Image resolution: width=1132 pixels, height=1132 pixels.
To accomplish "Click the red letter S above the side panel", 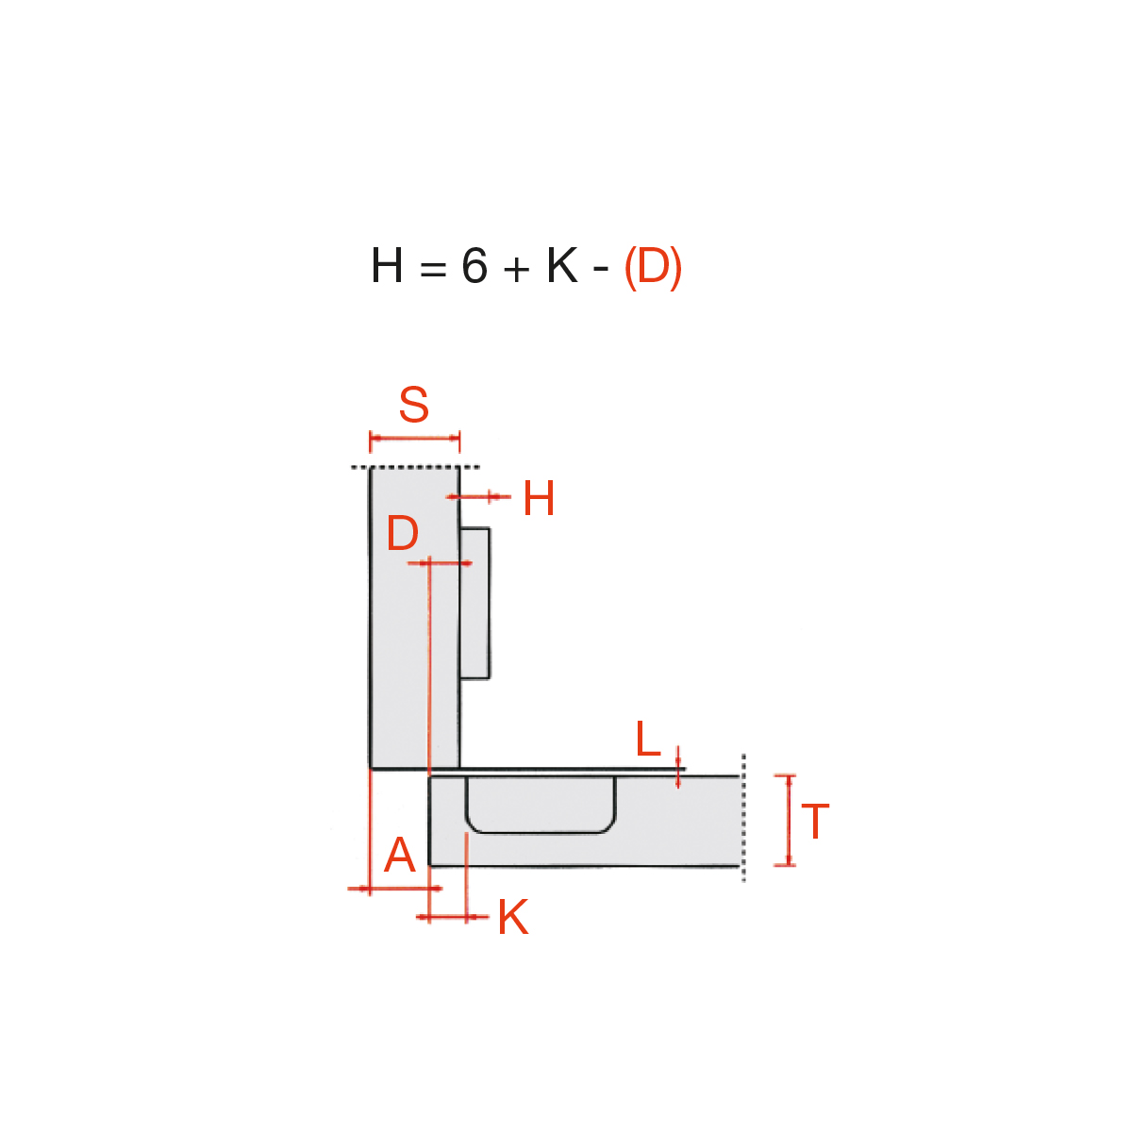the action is click(x=413, y=404).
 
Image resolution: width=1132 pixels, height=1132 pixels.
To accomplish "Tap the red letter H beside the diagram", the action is click(x=539, y=498).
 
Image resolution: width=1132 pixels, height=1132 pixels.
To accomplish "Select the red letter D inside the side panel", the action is click(x=403, y=533).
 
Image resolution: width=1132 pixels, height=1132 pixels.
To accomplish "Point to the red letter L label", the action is click(x=648, y=739).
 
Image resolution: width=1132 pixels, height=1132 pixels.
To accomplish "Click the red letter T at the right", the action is click(x=815, y=822).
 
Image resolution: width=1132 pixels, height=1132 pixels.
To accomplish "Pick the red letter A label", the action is click(x=399, y=855).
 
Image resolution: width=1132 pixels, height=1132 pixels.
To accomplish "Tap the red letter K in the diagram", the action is click(x=513, y=916).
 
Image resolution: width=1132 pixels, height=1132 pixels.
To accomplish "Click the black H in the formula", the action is click(x=387, y=265).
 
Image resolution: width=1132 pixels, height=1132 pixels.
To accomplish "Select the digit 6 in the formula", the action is click(x=474, y=265).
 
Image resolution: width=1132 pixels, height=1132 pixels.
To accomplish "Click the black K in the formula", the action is click(x=561, y=265).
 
